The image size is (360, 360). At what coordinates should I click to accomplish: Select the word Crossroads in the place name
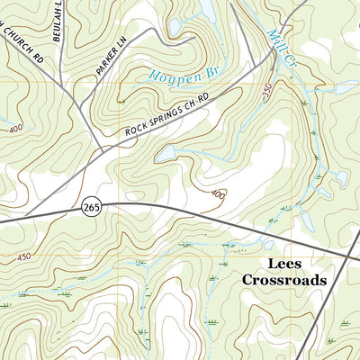(x=283, y=280)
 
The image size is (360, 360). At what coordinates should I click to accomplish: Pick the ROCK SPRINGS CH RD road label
(x=166, y=116)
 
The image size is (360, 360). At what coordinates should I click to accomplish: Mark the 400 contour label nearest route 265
(x=219, y=194)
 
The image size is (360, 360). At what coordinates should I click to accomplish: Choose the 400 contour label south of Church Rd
(x=16, y=130)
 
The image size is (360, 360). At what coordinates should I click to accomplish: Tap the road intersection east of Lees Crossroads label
(x=349, y=256)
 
